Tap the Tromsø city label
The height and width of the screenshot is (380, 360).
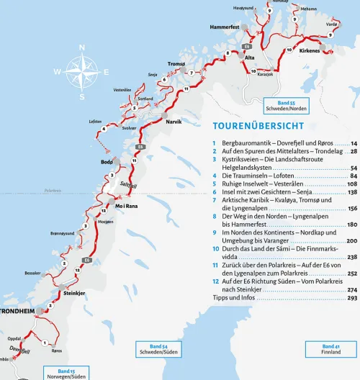(176, 64)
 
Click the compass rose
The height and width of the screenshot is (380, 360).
(83, 72)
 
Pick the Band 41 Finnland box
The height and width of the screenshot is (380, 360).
(331, 349)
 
